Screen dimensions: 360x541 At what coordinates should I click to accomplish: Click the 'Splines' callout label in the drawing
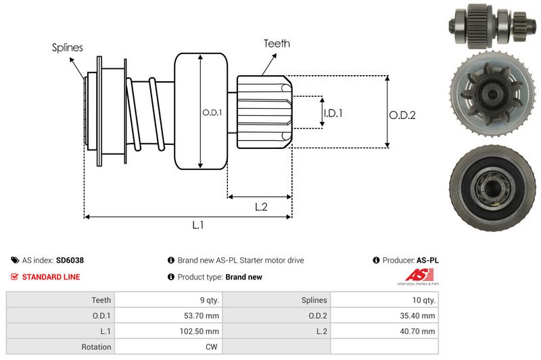[x=68, y=47]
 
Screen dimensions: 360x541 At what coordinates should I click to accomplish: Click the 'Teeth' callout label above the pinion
[x=277, y=43]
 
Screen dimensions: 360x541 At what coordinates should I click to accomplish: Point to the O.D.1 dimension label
[x=212, y=112]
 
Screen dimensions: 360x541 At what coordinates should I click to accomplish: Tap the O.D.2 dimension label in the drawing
[x=402, y=115]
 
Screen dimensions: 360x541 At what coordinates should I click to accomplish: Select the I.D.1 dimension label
[x=333, y=113]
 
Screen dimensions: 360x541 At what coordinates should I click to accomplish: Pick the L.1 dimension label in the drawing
[x=198, y=225]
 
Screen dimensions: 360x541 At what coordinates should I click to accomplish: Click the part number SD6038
[x=70, y=260]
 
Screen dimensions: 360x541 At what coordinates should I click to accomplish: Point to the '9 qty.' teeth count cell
[x=206, y=300]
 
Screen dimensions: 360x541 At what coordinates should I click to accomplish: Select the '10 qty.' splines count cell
[x=421, y=300]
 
